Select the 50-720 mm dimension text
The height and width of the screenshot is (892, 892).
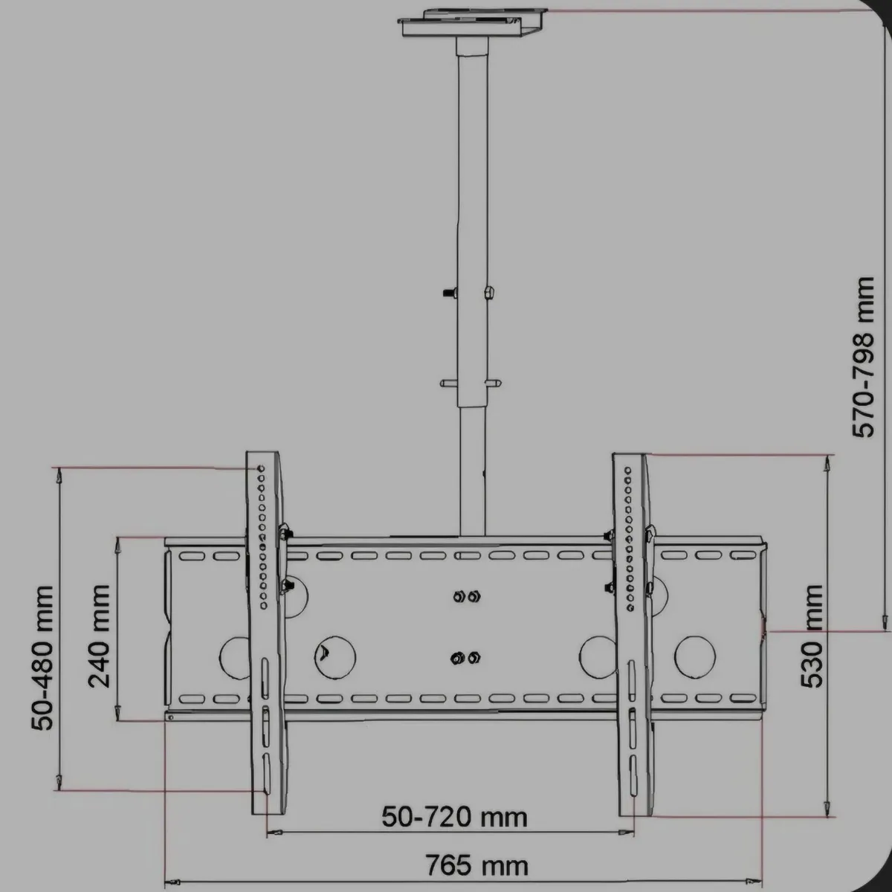(454, 817)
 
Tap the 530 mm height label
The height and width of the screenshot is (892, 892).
(813, 636)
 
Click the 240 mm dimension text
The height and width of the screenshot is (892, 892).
(98, 636)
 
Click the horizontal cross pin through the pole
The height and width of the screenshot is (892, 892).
(470, 384)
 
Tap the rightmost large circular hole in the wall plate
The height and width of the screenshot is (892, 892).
(694, 654)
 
